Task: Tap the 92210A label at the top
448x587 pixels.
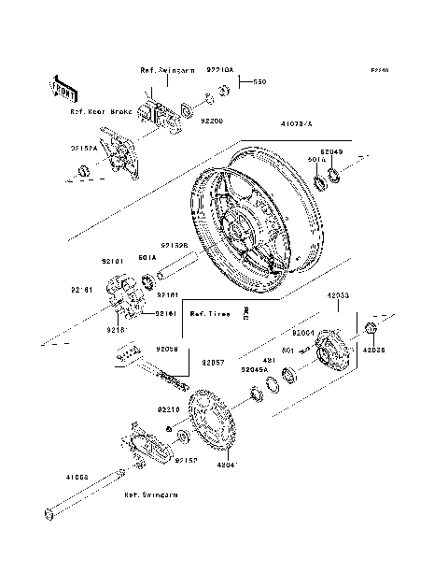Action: (221, 69)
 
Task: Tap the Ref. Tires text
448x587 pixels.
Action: (210, 314)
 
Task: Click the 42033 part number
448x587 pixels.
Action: (338, 295)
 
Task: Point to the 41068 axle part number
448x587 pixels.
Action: (77, 476)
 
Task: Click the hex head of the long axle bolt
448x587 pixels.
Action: (47, 512)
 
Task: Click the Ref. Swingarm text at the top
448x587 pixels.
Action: (164, 71)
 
